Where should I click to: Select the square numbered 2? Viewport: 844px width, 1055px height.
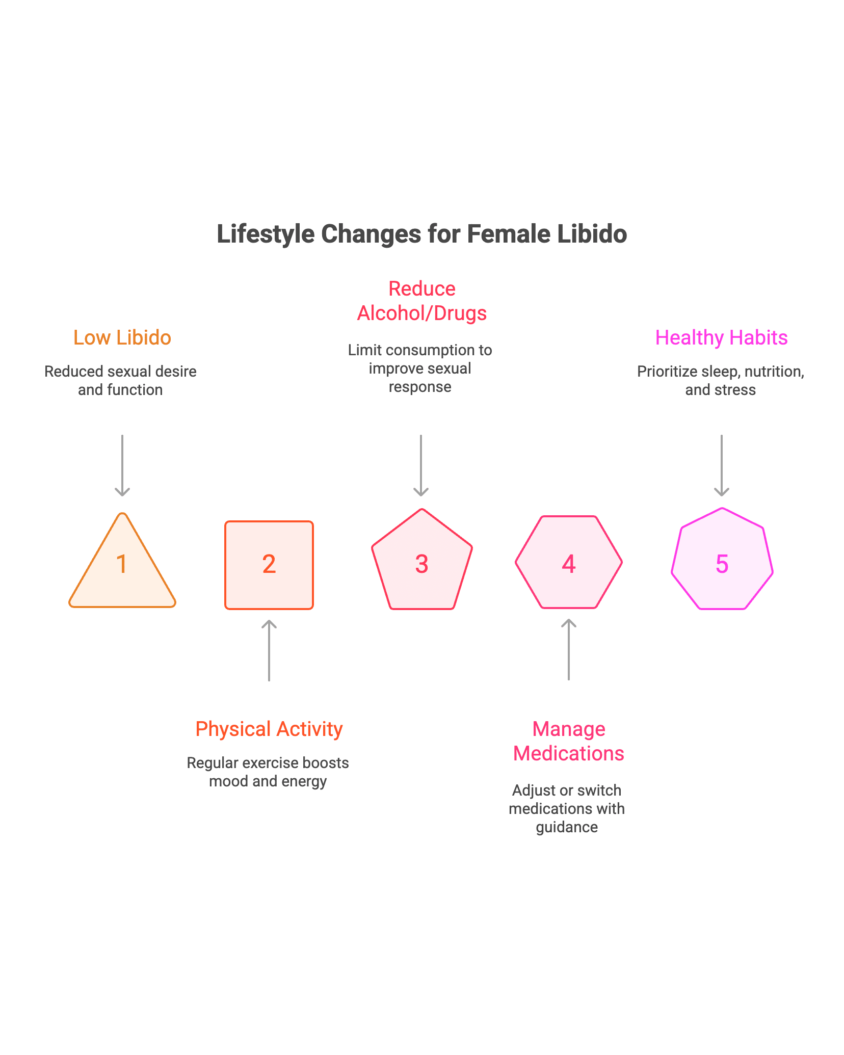coord(269,565)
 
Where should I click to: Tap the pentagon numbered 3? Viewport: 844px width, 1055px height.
coord(421,563)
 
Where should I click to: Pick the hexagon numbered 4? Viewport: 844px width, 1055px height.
coord(569,563)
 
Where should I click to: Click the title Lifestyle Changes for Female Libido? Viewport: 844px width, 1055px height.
coord(421,234)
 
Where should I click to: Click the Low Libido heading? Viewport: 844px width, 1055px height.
coord(122,337)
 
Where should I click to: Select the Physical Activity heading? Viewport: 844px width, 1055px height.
coord(269,729)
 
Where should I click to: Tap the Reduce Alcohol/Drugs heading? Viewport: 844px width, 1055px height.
coord(421,301)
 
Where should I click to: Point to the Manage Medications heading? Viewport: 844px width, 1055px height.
coord(569,741)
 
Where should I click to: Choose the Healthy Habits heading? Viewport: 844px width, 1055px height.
coord(721,337)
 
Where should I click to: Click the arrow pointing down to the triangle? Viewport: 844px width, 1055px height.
coord(122,465)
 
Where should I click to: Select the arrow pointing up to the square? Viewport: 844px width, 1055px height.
coord(269,650)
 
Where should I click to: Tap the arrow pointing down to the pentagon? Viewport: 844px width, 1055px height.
coord(420,465)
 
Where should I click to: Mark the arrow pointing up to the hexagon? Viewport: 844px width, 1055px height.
coord(569,649)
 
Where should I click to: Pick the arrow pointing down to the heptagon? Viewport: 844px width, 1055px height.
coord(722,465)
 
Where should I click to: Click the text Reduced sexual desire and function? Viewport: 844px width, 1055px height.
coord(120,380)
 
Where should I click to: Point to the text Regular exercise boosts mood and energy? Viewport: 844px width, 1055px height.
coord(268,772)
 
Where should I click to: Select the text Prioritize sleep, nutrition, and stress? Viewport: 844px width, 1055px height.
coord(720,380)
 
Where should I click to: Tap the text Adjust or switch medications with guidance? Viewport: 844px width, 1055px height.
coord(567,808)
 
